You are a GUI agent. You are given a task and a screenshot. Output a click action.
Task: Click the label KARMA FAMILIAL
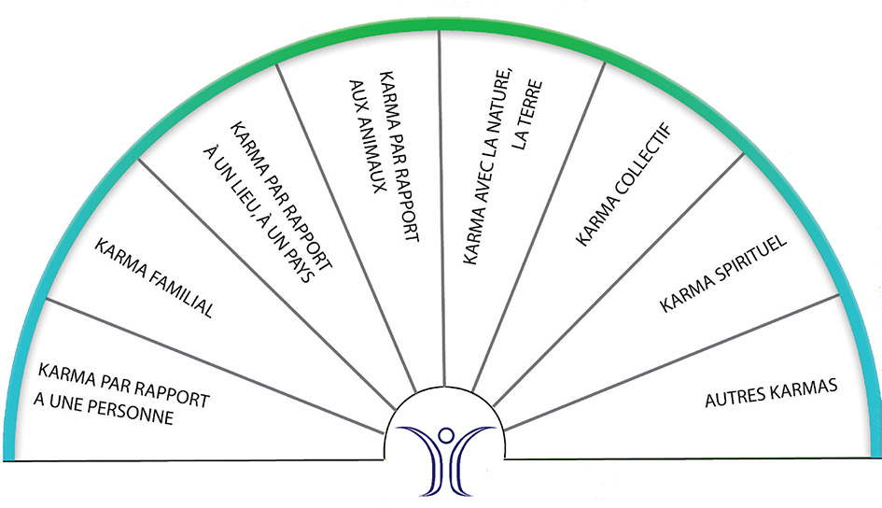click(154, 278)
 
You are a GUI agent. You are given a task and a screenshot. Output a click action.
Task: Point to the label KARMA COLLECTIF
click(624, 185)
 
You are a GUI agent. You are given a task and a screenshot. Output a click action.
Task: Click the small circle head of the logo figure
click(445, 434)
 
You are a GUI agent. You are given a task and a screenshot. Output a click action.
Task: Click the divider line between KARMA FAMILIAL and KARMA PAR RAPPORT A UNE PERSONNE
click(215, 366)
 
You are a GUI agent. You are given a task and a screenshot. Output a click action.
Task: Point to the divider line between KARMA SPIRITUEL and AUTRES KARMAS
click(672, 363)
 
